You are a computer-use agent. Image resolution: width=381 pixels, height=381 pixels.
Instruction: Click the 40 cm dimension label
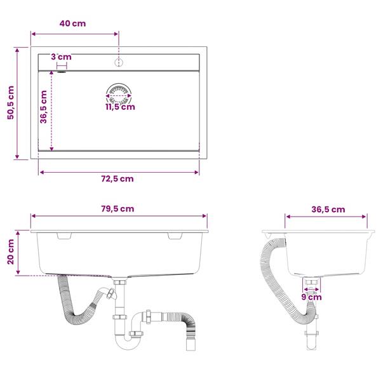tap(72, 23)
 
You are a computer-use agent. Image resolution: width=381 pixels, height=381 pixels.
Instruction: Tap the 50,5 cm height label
tap(11, 102)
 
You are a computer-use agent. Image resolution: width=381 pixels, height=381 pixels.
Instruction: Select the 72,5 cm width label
tap(117, 179)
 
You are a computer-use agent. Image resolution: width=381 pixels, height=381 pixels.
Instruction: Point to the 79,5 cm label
tap(117, 209)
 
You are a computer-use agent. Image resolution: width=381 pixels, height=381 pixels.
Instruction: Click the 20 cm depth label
tap(11, 251)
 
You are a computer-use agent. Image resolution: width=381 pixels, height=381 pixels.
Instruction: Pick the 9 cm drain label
tap(312, 297)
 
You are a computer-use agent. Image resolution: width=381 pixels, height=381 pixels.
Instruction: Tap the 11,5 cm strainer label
tap(120, 107)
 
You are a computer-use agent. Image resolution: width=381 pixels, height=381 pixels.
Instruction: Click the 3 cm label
tap(61, 57)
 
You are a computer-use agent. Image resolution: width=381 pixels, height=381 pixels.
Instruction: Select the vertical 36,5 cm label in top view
tap(43, 107)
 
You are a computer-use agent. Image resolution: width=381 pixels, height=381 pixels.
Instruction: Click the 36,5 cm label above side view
tap(328, 210)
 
